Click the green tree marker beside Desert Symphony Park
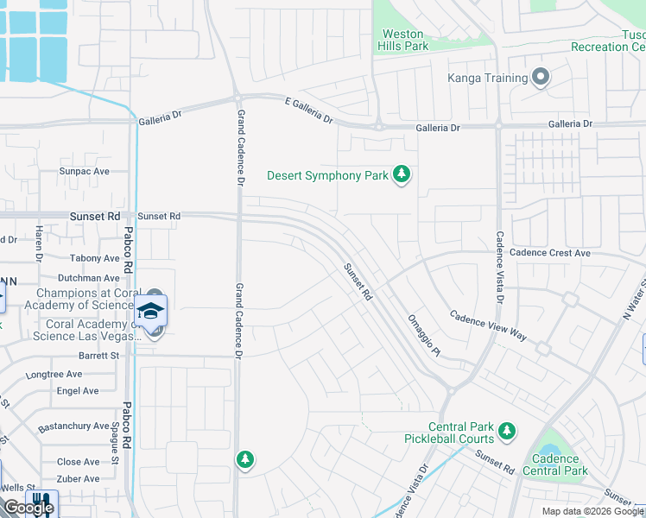(x=401, y=175)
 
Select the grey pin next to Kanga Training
(x=541, y=79)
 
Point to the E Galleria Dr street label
(x=309, y=111)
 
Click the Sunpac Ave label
(x=85, y=171)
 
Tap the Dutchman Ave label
(x=88, y=278)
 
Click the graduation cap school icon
(x=151, y=311)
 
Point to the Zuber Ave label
(x=79, y=478)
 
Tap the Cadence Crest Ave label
(x=550, y=253)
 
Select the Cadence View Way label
(x=488, y=325)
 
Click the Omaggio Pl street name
(x=424, y=335)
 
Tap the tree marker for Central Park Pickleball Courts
(x=507, y=430)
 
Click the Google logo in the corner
(x=28, y=508)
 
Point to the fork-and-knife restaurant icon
(x=41, y=502)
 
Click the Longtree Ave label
(x=54, y=374)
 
